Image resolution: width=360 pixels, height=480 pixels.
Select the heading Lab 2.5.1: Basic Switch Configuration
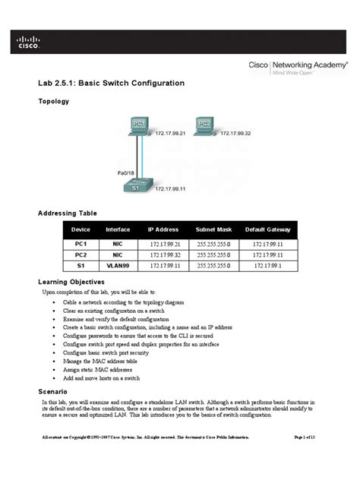tap(111, 83)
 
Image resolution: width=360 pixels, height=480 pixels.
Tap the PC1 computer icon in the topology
tap(140, 125)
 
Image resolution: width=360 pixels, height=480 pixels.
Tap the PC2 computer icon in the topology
tap(203, 125)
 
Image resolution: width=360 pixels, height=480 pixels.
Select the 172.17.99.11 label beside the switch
tap(171, 189)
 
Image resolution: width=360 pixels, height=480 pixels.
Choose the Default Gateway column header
tap(267, 229)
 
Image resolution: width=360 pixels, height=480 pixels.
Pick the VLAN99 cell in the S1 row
tap(118, 266)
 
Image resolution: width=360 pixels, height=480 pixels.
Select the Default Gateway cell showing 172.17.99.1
tap(267, 266)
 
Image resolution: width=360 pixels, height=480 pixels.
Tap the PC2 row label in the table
tap(81, 255)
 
